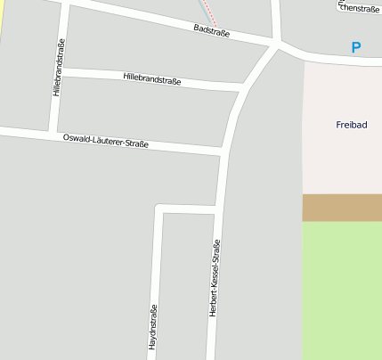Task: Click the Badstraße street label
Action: (212, 31)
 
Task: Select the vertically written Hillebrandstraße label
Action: (59, 68)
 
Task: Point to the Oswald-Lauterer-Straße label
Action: (106, 141)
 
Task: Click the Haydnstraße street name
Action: (152, 327)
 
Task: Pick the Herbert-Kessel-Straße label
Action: (215, 278)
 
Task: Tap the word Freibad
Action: (351, 125)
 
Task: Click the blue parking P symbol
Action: (356, 47)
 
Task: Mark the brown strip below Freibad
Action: (342, 207)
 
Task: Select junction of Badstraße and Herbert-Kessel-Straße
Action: (278, 43)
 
